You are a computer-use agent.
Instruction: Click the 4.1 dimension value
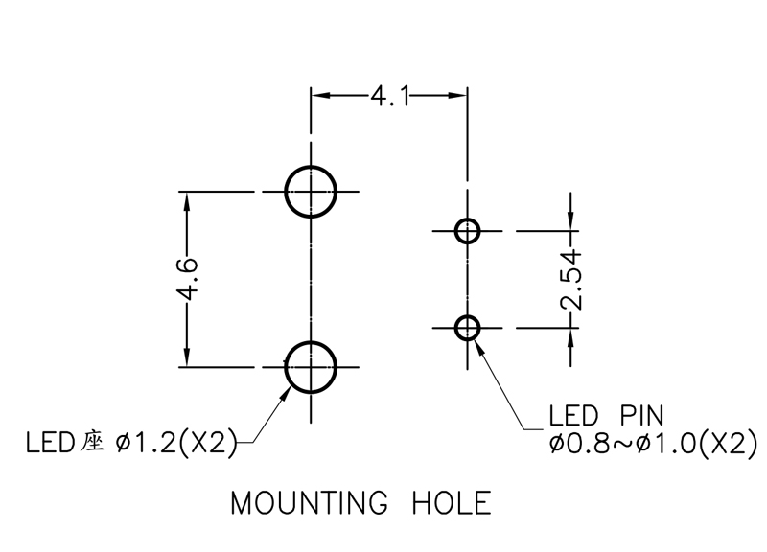(389, 96)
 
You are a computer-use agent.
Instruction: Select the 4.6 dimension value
(187, 279)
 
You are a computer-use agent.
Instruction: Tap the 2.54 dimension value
(571, 280)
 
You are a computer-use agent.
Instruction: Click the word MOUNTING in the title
(309, 502)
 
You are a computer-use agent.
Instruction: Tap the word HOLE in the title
(452, 502)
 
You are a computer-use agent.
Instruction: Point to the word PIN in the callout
(641, 416)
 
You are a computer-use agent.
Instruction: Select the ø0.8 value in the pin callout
(578, 444)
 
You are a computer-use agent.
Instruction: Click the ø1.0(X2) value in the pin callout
(696, 444)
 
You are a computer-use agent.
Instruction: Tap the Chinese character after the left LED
(92, 442)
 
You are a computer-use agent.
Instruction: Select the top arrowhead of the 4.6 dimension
(186, 201)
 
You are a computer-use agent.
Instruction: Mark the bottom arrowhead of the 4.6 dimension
(186, 356)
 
